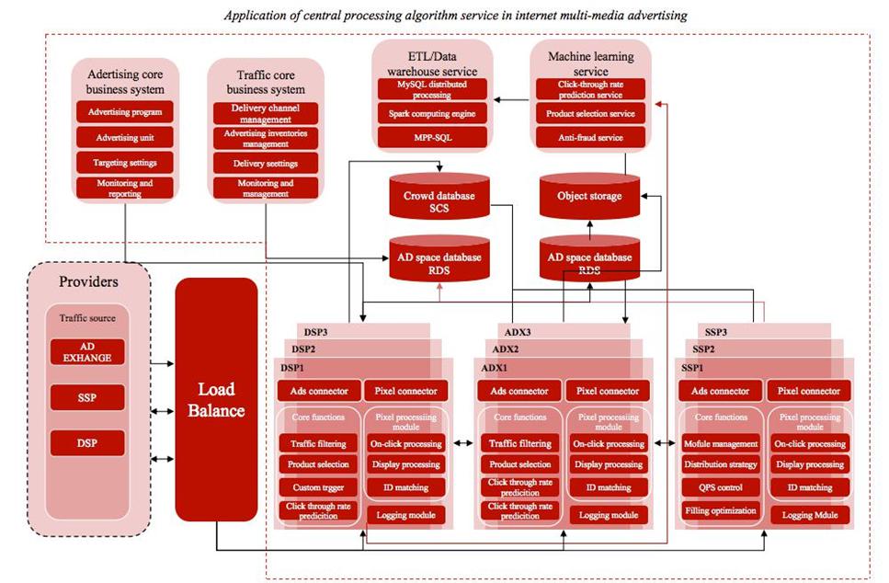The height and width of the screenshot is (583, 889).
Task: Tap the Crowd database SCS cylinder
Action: [x=439, y=201]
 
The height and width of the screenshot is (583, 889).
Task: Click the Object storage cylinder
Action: [x=588, y=196]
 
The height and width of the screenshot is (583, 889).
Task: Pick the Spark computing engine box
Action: [x=430, y=113]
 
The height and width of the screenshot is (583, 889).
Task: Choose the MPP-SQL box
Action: [x=430, y=137]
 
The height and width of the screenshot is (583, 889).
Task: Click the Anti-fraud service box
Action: [x=590, y=137]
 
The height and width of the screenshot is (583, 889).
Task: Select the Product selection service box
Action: [x=590, y=113]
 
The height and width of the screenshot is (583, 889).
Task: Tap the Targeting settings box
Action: [x=125, y=162]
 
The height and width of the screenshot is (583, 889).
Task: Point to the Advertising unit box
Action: [x=125, y=137]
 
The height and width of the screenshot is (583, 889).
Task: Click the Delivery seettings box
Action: [x=266, y=163]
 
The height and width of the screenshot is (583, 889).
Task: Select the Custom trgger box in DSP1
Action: [x=319, y=487]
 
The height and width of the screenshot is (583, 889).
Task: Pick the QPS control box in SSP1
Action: [x=721, y=487]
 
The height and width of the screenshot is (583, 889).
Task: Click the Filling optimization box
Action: [x=721, y=510]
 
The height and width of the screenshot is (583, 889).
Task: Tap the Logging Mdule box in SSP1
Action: [x=810, y=515]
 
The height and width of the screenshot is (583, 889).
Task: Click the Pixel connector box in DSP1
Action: [x=405, y=391]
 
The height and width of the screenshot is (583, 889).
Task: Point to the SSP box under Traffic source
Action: [x=87, y=398]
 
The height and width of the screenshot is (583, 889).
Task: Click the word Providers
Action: [x=89, y=281]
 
